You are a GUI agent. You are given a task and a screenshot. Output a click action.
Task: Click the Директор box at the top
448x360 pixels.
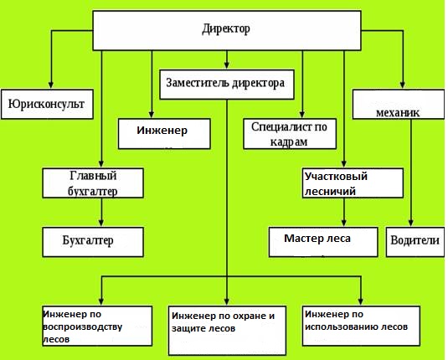coord(226,29)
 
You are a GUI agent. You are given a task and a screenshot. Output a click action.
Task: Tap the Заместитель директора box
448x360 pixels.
coord(226,83)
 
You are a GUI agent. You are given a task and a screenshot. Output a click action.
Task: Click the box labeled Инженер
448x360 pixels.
coord(164,131)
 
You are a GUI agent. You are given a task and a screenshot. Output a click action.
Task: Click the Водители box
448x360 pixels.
coord(414,240)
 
